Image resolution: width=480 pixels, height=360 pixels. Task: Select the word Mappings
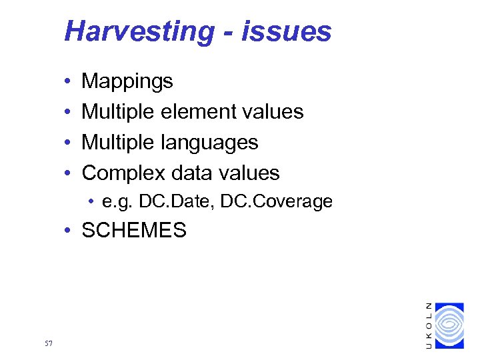coord(127,82)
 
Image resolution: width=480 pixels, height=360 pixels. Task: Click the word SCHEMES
coord(134,231)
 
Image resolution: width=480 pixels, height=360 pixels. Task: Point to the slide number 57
coord(47,343)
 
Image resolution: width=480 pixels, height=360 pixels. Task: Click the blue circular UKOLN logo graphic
coord(448,325)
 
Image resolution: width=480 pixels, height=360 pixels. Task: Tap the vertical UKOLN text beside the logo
coord(429,325)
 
